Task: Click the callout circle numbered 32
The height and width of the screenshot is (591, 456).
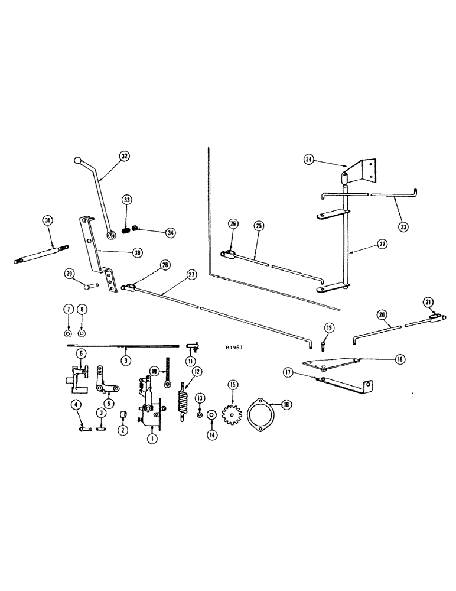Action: tap(124, 157)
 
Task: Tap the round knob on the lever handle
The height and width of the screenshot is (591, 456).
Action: tap(77, 160)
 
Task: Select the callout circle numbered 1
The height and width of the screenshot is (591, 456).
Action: tap(152, 439)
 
